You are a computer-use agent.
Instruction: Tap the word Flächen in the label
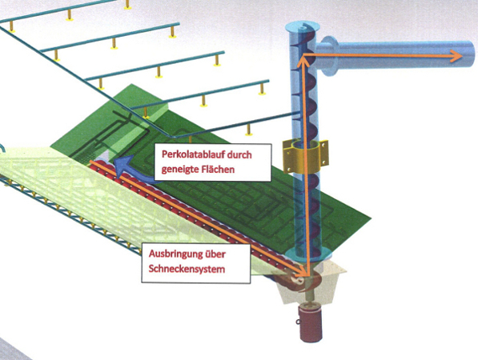click(219, 169)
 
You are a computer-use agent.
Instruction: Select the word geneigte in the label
click(180, 170)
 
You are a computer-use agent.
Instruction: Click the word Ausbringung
click(175, 254)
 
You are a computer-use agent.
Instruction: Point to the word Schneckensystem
click(187, 269)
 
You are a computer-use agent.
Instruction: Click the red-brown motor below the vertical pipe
click(311, 324)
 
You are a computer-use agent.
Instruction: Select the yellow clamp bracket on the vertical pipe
click(306, 156)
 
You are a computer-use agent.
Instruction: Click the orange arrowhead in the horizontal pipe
click(456, 56)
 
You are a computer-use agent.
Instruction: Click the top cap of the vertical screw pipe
click(302, 28)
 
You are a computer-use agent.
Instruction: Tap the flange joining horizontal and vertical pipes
click(328, 56)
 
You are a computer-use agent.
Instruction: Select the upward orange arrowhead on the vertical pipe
click(302, 61)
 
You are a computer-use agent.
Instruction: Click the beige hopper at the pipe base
click(314, 283)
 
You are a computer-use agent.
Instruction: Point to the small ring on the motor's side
click(297, 322)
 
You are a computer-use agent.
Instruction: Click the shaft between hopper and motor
click(311, 298)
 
